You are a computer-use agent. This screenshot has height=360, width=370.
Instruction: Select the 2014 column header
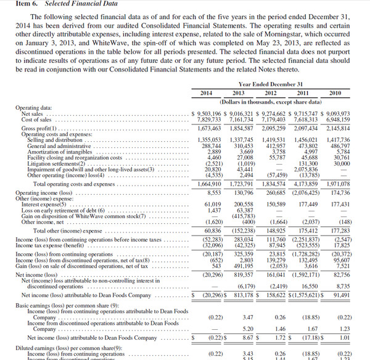point(207,92)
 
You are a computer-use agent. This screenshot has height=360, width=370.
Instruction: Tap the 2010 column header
point(335,92)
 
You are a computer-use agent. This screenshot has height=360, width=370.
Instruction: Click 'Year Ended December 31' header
point(271,84)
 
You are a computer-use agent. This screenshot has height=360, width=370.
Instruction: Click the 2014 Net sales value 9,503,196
point(209,114)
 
